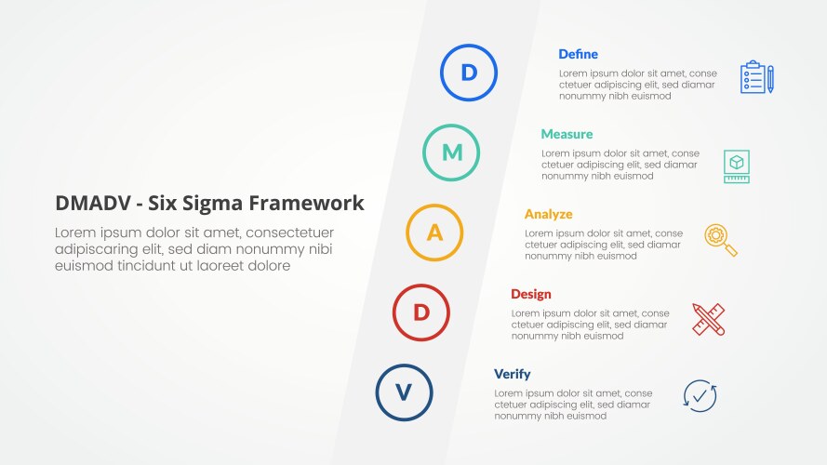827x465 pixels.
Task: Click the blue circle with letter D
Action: coord(469,73)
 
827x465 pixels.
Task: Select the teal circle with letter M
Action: coord(451,153)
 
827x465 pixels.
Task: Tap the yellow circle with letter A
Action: coord(434,232)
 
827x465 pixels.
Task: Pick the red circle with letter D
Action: coord(421,312)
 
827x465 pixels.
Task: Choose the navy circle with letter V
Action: coord(404,392)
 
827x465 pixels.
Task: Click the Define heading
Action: coord(578,54)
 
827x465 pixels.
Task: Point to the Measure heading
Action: coord(567,134)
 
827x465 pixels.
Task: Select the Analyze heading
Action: coord(548,214)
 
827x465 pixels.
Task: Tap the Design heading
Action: coord(530,294)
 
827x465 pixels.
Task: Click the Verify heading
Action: coord(512,374)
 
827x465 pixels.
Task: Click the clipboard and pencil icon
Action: coord(756,77)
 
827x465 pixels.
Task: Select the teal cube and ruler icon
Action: coord(737,166)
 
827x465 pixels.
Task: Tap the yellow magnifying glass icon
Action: coord(721,240)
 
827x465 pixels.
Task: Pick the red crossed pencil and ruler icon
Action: coord(708,319)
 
